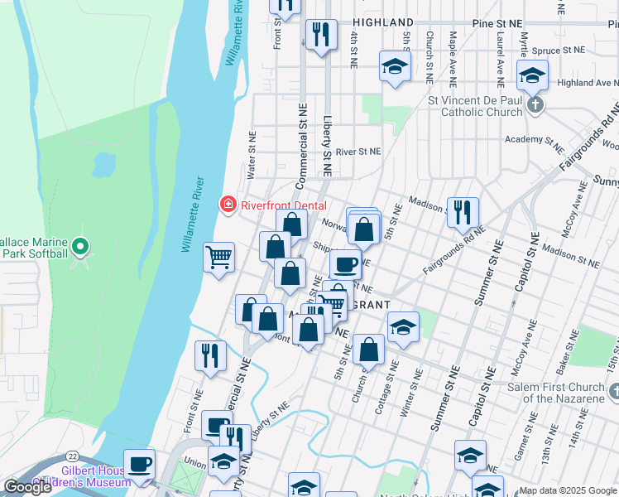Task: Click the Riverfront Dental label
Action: [x=284, y=205]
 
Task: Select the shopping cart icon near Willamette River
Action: [x=218, y=257]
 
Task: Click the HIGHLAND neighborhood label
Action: [x=382, y=22]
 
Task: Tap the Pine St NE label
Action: [x=497, y=22]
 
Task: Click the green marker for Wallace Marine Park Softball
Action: [x=79, y=247]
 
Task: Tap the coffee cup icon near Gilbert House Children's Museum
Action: [x=139, y=464]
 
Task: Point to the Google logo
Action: [x=28, y=487]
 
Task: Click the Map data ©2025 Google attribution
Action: [x=568, y=490]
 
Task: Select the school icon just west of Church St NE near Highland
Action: [x=395, y=66]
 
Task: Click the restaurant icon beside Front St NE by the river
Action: [x=210, y=355]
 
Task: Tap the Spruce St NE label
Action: [x=558, y=51]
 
